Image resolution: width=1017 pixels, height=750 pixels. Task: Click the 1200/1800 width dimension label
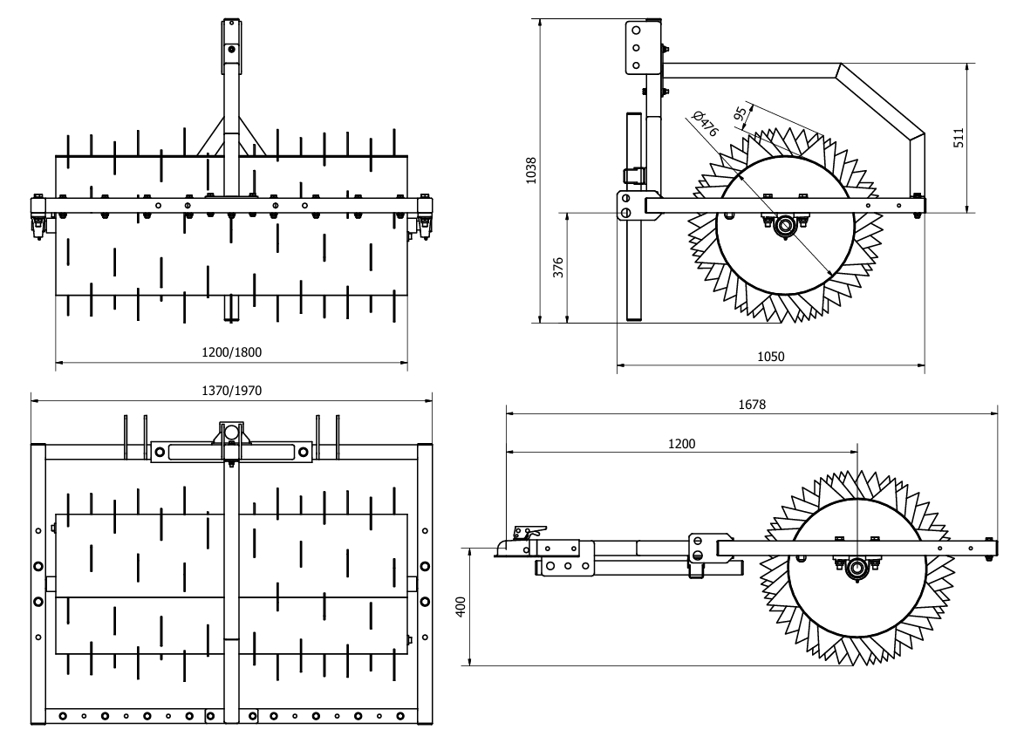[231, 352]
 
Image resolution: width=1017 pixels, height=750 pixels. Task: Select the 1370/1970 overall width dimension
[231, 390]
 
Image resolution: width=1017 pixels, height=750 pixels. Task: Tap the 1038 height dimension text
[531, 170]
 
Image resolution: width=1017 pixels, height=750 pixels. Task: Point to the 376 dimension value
[558, 268]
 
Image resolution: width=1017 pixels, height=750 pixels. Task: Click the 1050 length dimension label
[770, 357]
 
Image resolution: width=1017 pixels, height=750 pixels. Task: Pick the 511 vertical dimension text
[959, 138]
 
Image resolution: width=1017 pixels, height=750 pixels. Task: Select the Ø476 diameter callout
[706, 123]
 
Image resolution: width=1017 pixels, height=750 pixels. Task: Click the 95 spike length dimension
[740, 114]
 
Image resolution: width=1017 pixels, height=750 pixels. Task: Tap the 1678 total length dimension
[752, 405]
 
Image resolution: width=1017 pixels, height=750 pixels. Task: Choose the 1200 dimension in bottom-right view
[681, 444]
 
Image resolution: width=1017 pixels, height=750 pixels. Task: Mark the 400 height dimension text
[461, 607]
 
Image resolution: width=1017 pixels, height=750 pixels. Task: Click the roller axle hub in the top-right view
[785, 226]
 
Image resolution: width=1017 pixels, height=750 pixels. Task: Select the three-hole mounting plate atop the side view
[636, 47]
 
